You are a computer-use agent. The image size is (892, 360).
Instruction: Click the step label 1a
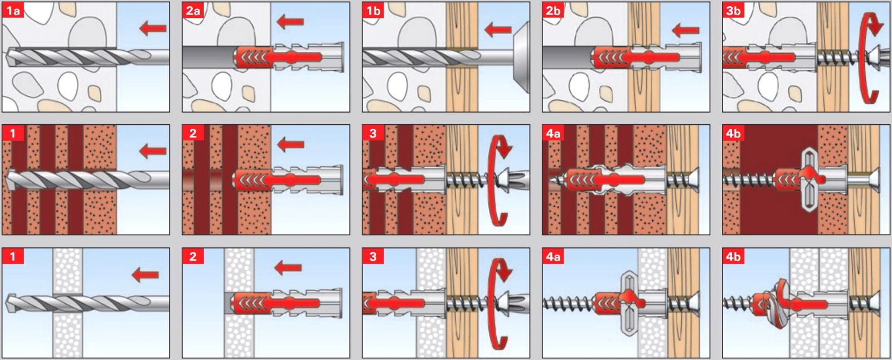coord(12,10)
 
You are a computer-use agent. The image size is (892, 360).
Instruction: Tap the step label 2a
coord(193,10)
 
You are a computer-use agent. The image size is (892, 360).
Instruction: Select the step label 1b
coord(373,10)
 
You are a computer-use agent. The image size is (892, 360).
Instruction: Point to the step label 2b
coord(553,10)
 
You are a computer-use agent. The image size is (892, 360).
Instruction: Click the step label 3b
coord(733,10)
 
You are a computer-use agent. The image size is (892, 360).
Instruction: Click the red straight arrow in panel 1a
coord(153,27)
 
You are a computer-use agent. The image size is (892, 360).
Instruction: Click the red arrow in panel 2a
coord(290,22)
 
